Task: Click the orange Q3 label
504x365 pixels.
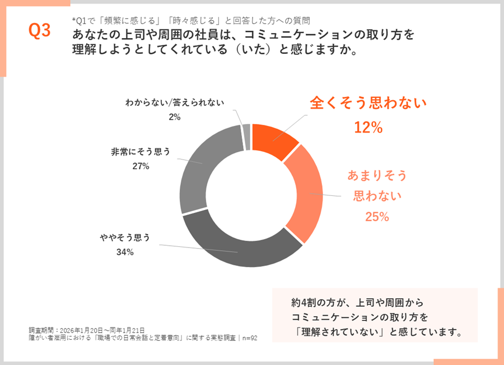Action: pyautogui.click(x=39, y=31)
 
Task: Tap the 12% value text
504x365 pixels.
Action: pyautogui.click(x=368, y=128)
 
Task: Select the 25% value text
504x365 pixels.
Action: pyautogui.click(x=377, y=217)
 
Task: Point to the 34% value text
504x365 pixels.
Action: pyautogui.click(x=124, y=252)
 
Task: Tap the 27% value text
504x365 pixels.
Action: pyautogui.click(x=141, y=166)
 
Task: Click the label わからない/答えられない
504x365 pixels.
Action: pyautogui.click(x=175, y=102)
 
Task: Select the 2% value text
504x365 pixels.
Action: pyautogui.click(x=174, y=117)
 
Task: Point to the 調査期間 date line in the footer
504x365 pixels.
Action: pyautogui.click(x=87, y=330)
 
